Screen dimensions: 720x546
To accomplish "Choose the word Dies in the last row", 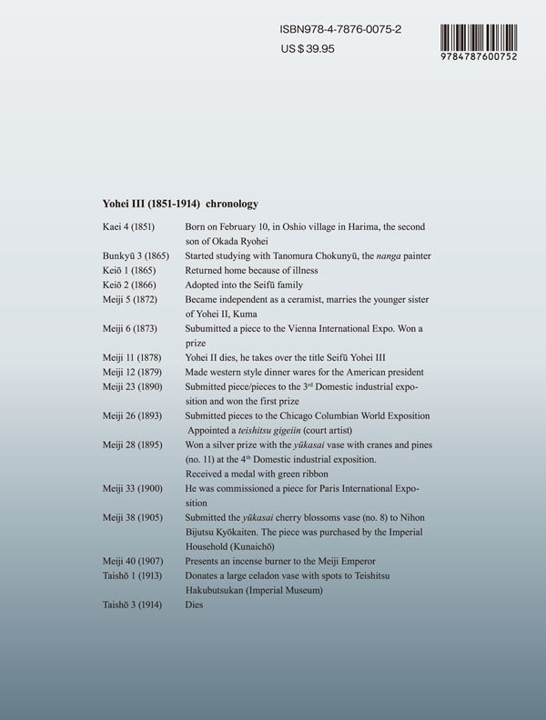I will (x=195, y=605).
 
